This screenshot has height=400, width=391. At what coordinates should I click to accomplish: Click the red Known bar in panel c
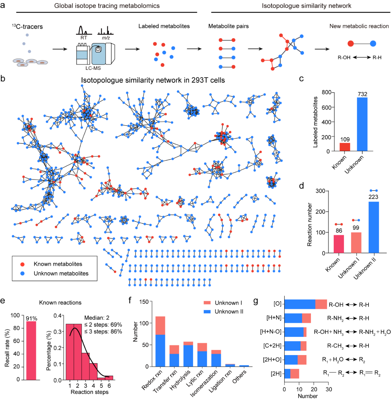[345, 147]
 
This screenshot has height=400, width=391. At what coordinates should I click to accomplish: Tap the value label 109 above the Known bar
[345, 139]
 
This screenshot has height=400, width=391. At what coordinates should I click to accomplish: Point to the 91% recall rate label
[31, 318]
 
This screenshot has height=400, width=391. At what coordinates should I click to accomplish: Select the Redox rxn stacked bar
[160, 342]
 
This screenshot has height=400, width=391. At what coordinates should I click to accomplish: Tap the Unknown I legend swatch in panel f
[207, 303]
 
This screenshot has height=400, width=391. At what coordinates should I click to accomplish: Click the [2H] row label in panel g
[276, 374]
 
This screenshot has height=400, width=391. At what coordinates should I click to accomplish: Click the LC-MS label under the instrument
[93, 68]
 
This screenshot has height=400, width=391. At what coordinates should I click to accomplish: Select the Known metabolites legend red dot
[22, 264]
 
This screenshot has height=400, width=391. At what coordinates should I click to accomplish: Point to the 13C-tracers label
[27, 26]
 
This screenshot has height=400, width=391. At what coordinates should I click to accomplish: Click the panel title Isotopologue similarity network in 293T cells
[153, 80]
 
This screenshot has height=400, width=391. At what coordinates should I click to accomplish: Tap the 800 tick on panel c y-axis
[326, 92]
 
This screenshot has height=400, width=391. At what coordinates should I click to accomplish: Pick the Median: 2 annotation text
[97, 318]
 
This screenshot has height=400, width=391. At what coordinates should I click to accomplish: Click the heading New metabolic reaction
[359, 26]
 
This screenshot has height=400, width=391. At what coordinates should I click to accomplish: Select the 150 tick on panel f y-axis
[144, 302]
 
